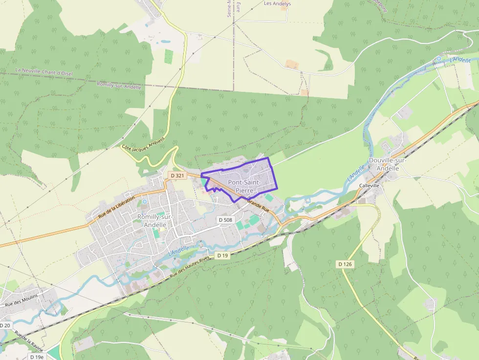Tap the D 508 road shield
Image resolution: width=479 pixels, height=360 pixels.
point(225,220)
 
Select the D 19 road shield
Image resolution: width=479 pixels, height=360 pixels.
point(222,255)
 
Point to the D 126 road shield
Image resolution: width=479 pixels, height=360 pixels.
point(345,264)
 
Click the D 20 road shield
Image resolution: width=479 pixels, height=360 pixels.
point(5,325)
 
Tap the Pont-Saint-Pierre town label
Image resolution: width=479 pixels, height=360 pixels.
point(244,186)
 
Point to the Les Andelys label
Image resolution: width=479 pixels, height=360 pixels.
point(277,3)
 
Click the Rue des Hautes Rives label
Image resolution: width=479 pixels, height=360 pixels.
point(189,267)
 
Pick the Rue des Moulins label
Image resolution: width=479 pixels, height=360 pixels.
point(21,297)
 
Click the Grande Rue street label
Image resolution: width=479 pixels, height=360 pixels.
point(258,204)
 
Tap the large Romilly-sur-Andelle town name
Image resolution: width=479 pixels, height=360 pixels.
point(152,220)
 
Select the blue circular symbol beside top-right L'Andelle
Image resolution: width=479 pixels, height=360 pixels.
point(438,59)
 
